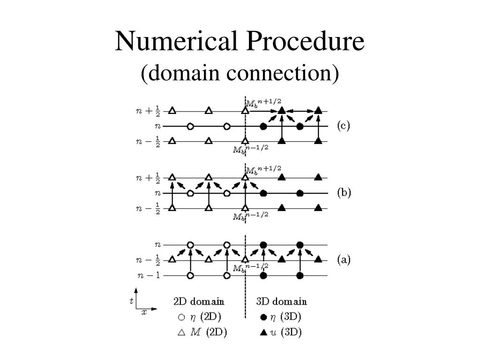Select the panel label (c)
coord(344,126)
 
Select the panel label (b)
coord(344,193)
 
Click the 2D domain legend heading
coord(199,301)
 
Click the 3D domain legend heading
coord(282,301)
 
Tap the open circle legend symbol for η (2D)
coord(181,317)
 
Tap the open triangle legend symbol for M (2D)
coord(181,333)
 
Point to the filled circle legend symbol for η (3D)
coord(263,317)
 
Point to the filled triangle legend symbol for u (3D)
coord(263,333)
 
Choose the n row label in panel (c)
coord(158,126)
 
